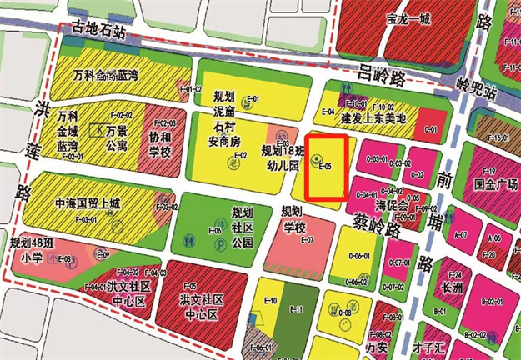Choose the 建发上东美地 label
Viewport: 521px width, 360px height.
373,118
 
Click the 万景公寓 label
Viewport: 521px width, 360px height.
116,138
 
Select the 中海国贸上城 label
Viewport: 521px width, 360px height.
86,202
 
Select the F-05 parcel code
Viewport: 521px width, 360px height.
189,285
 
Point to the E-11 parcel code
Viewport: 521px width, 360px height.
295,309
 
